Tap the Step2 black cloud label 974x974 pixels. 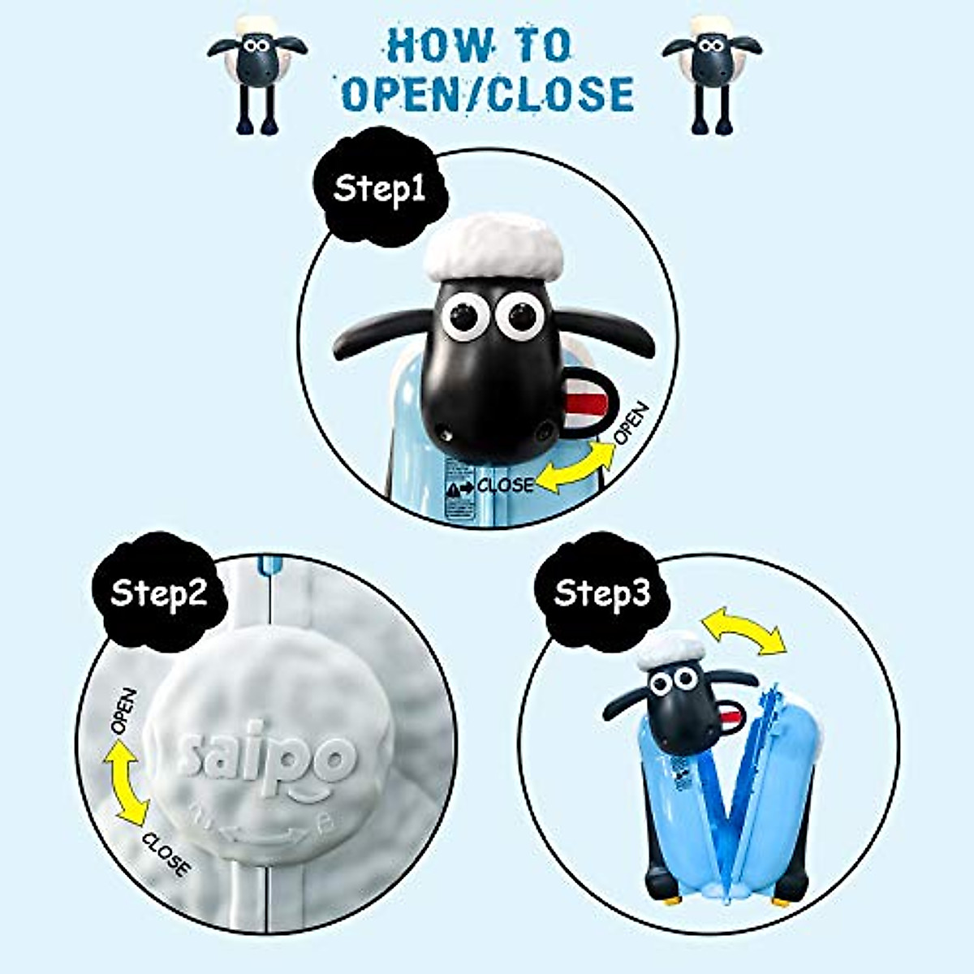158,593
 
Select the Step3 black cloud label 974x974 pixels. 601,593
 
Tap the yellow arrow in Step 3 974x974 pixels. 743,632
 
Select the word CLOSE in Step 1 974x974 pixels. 505,485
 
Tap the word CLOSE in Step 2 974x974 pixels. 166,854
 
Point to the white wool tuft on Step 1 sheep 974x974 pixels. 493,243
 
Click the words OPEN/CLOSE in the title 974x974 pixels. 487,94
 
